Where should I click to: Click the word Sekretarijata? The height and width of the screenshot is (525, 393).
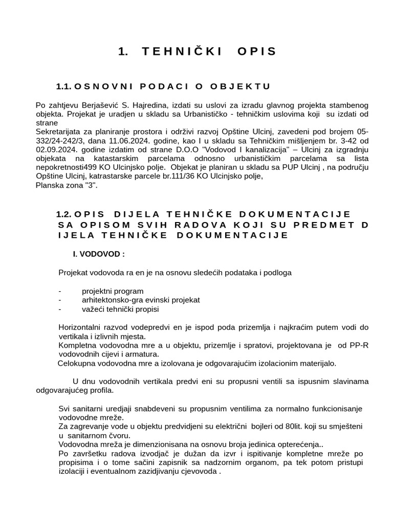59,131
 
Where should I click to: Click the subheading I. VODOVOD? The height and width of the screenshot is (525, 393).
99,254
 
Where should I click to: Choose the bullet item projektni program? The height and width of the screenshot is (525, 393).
113,291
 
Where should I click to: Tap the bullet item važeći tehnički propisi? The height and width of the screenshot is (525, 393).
120,309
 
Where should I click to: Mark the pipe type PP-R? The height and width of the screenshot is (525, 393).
359,345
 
